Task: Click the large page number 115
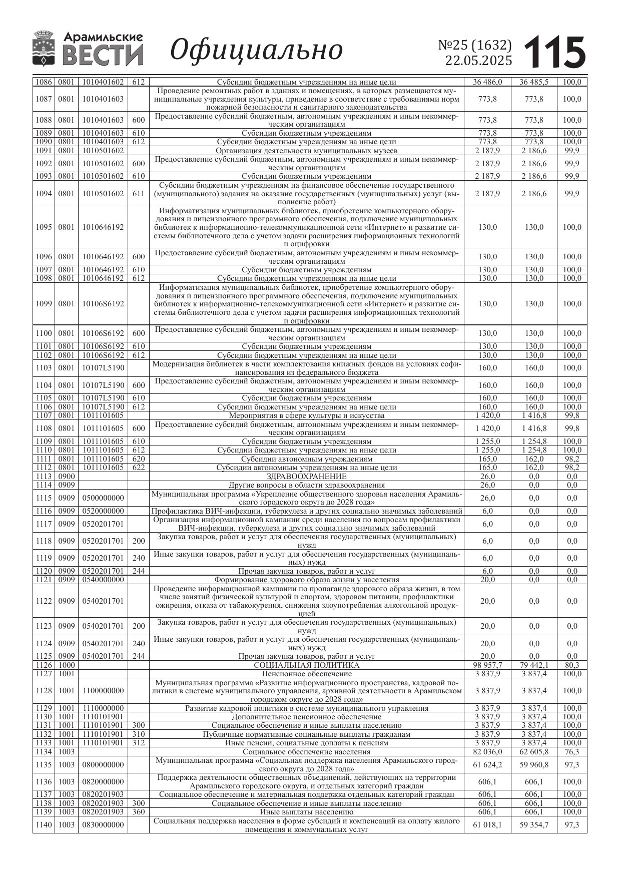click(555, 52)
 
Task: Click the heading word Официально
click(257, 50)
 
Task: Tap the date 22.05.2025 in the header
click(478, 61)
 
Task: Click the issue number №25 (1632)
click(475, 46)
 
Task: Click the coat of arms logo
click(44, 49)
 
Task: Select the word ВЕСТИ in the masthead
click(103, 55)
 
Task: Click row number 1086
click(44, 82)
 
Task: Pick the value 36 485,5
click(533, 82)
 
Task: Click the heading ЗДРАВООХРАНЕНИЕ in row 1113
click(306, 477)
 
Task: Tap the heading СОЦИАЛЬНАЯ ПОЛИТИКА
click(306, 665)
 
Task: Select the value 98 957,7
click(487, 665)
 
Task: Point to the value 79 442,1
click(533, 665)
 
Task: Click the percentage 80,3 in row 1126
click(571, 665)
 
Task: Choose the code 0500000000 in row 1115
click(103, 498)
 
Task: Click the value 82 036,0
click(487, 752)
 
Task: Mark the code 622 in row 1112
click(138, 468)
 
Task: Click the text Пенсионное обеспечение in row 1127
click(306, 674)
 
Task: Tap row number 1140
click(44, 825)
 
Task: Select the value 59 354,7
click(533, 825)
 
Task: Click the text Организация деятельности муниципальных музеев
click(306, 151)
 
